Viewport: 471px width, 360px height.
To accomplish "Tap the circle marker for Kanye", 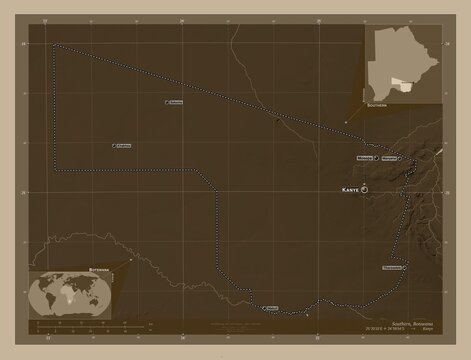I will (365, 188).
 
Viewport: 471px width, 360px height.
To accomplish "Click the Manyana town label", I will (393, 158).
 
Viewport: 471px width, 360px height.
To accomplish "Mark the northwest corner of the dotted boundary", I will (57, 45).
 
